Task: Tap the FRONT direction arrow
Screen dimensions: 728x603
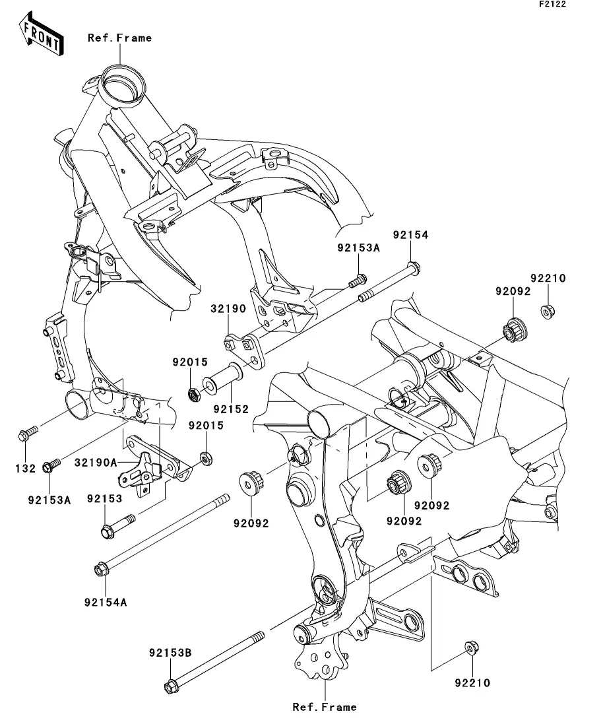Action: click(43, 37)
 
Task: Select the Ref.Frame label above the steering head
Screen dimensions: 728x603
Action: click(119, 38)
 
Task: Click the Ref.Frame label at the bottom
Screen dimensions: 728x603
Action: click(325, 707)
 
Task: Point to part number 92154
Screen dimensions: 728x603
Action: click(411, 235)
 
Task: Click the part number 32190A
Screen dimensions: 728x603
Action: click(96, 463)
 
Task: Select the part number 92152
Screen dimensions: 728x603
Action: click(230, 409)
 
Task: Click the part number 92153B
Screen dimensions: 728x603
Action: click(170, 653)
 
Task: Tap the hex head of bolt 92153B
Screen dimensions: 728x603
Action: click(170, 686)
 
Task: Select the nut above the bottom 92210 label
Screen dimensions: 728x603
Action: click(471, 648)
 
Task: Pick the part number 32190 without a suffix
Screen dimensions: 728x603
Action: click(228, 308)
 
